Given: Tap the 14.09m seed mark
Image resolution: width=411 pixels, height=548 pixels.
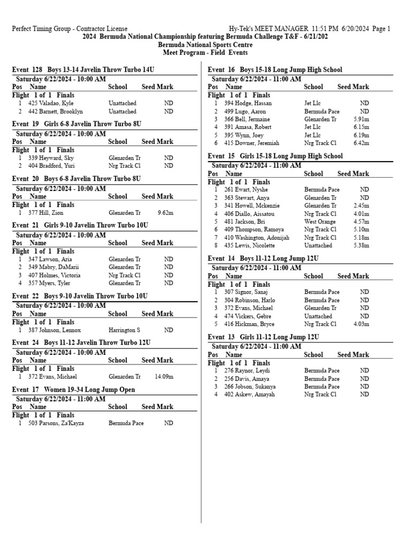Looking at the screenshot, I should (164, 377).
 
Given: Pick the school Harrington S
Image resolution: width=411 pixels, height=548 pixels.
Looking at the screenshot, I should (124, 330).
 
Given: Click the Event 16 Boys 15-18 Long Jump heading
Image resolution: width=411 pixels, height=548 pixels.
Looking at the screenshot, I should (275, 70).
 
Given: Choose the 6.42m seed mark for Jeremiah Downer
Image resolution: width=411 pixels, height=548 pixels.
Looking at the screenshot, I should (361, 143).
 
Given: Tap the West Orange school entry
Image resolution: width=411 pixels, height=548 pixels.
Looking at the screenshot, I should (320, 222).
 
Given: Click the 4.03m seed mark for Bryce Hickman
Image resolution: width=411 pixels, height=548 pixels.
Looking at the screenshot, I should (361, 324).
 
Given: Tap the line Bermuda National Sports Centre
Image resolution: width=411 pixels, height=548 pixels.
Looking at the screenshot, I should (205, 45).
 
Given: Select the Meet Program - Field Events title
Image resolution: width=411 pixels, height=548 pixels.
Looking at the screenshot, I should (205, 52).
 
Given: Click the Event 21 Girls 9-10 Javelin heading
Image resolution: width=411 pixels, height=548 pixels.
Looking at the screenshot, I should (80, 225).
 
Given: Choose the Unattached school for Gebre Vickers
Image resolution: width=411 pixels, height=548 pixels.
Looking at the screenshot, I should (318, 316).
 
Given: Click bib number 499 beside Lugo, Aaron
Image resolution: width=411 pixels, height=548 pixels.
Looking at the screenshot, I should (229, 111).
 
